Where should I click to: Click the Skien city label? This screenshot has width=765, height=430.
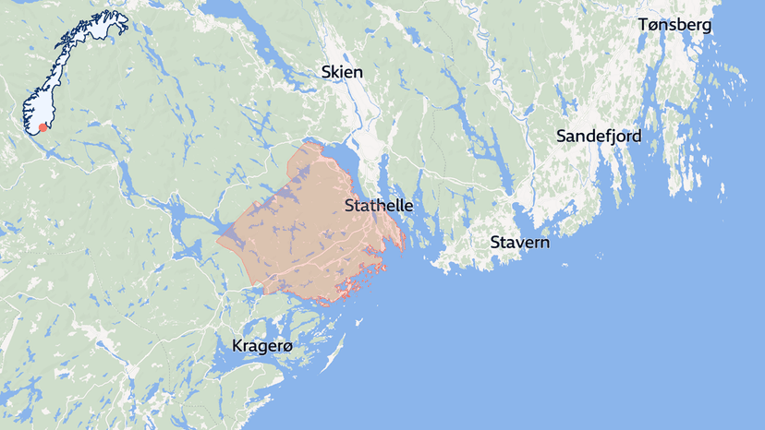coord(342,72)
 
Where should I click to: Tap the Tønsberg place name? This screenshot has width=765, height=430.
coord(674,25)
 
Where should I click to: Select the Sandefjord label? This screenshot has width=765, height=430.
coord(598,137)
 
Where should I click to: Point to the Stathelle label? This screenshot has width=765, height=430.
coord(378,206)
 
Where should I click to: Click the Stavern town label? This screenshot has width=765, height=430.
coord(520,244)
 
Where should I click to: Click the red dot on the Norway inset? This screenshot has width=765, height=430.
coord(42,127)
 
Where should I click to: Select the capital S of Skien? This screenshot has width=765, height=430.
coord(326,72)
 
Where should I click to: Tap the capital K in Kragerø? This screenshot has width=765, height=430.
coord(237,346)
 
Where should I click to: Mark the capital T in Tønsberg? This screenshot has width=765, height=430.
coord(643,25)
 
